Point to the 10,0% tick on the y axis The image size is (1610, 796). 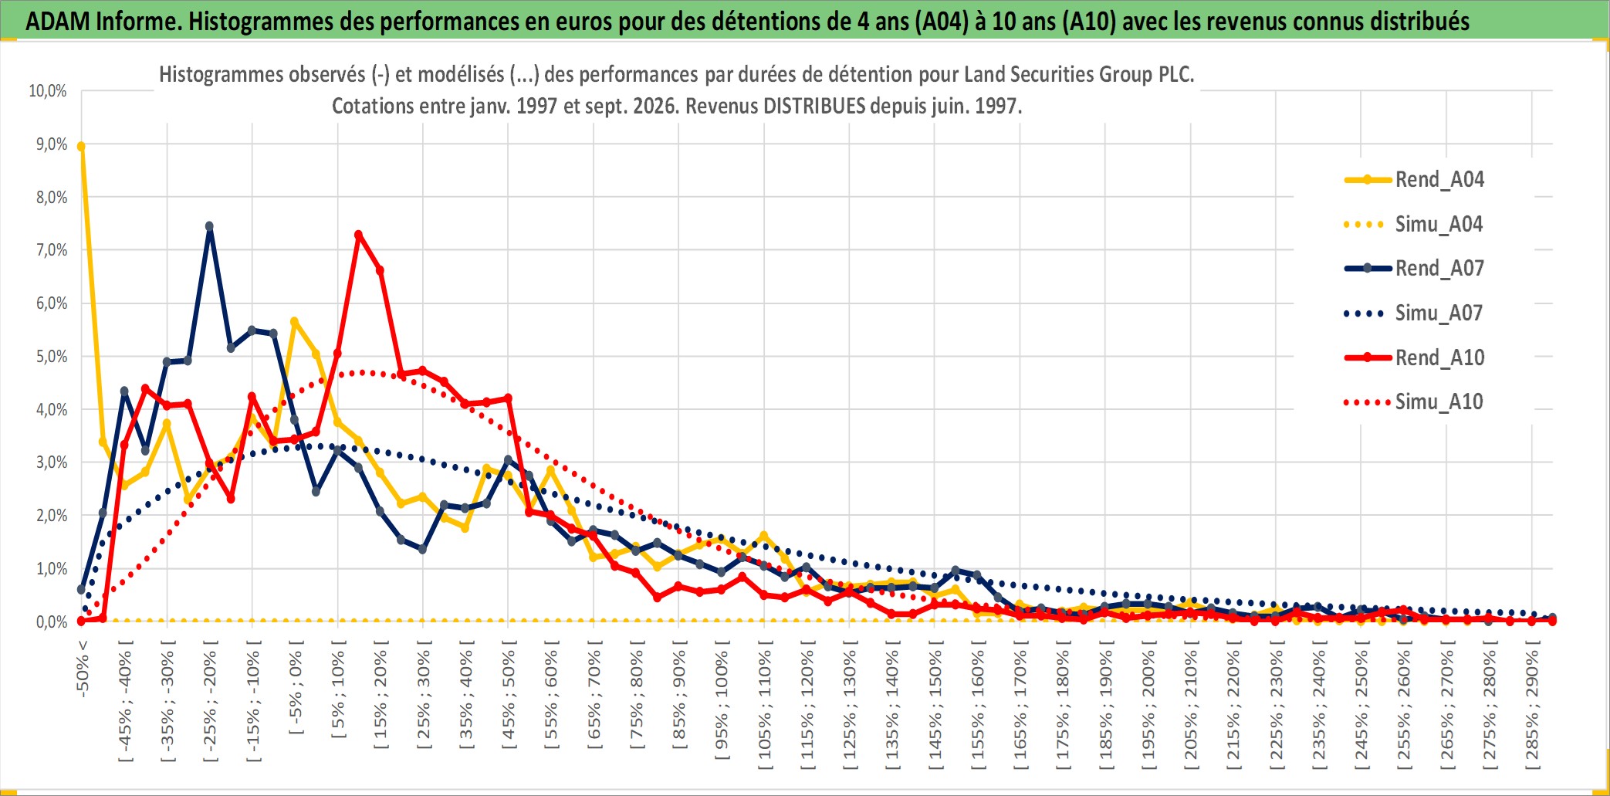pos(48,91)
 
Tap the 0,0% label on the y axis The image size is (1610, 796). pos(52,622)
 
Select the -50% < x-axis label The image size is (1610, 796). pos(83,669)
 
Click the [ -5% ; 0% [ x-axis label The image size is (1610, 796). pos(296,686)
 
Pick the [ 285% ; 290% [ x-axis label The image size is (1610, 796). pos(1533,705)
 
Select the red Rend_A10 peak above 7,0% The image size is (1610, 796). pos(358,235)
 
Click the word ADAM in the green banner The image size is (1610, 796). pos(58,22)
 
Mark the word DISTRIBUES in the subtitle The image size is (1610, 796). pos(814,106)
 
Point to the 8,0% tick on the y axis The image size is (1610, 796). pos(52,198)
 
